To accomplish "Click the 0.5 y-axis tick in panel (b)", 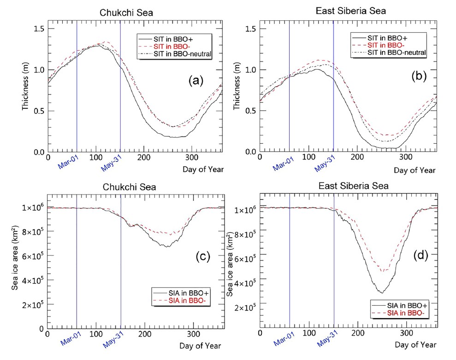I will [x=250, y=111].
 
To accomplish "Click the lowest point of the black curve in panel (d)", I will [x=381, y=293].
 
